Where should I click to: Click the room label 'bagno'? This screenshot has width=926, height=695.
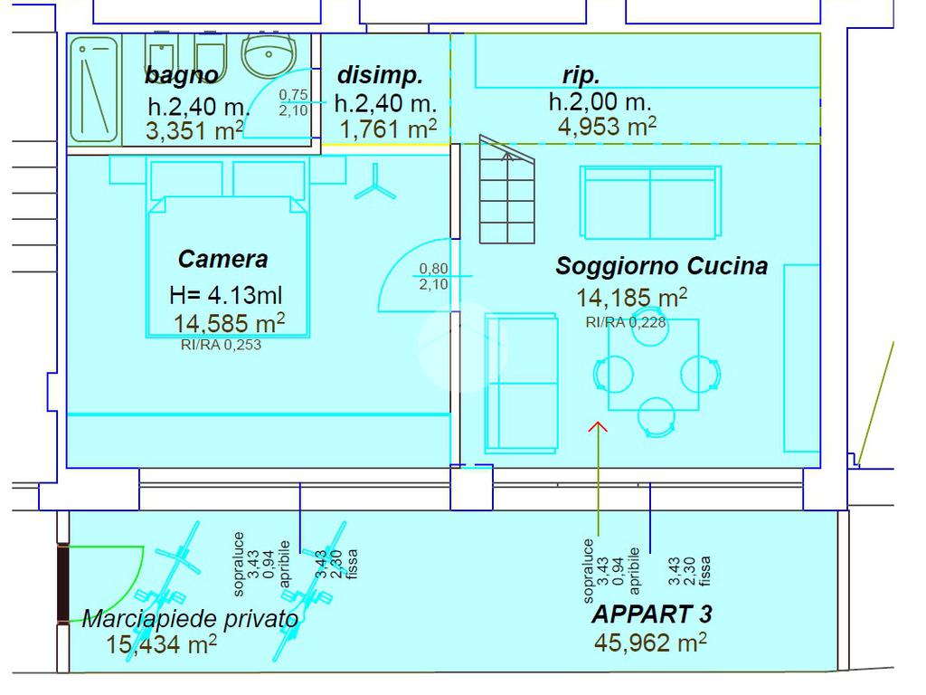pos(182,75)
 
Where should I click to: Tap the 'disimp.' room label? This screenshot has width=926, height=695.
pos(380,75)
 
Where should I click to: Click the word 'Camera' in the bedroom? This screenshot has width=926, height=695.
pos(223,259)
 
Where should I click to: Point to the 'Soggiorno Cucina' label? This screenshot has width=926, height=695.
pos(661,266)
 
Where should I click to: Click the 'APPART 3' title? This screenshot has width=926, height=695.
pos(652,614)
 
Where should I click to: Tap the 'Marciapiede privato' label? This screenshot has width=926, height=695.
pos(190,619)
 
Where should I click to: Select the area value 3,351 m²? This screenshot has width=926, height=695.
pos(194,130)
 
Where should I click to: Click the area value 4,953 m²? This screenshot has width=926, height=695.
pos(607,126)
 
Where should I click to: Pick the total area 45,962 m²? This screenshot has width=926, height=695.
pos(650,642)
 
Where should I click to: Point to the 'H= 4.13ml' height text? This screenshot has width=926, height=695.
pos(225,295)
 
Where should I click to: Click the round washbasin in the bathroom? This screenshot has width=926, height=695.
pos(269,53)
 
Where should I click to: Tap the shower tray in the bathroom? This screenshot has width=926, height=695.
pos(94,90)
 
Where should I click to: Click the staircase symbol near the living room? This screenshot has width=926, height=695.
pos(506,190)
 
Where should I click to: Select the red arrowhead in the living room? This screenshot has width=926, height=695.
pos(598,426)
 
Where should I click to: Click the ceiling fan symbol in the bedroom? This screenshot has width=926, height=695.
pos(375,183)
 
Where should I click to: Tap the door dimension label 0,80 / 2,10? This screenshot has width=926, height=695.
pos(433,277)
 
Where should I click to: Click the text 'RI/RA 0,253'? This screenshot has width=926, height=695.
pos(221,345)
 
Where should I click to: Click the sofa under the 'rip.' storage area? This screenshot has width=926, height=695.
pos(651,202)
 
